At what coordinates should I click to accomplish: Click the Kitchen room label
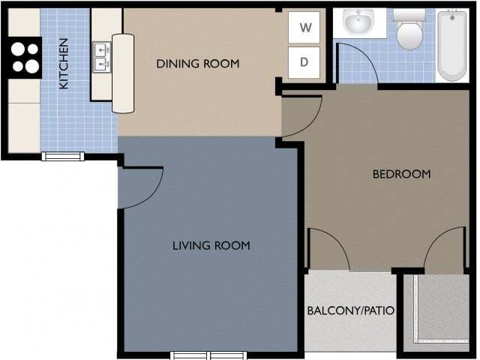64,63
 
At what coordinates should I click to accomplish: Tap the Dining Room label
197,64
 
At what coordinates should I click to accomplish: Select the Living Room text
211,245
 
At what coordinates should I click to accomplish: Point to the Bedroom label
401,174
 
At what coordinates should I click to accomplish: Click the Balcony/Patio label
350,310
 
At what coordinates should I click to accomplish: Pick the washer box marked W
304,28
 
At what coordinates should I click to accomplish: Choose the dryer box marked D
304,62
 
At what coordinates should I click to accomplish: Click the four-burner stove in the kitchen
24,58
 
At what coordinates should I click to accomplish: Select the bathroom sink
358,22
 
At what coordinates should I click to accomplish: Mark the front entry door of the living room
141,187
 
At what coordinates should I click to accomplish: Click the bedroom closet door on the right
444,249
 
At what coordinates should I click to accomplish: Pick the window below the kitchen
63,156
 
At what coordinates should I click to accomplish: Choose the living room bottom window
200,355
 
